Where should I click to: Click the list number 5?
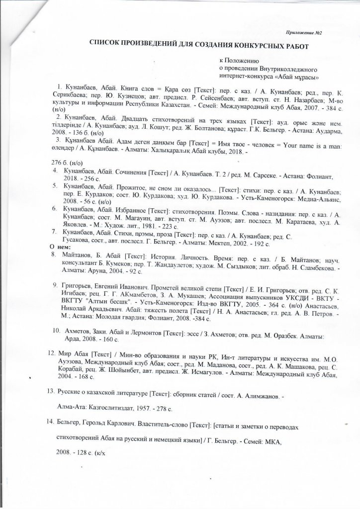click(x=55, y=185)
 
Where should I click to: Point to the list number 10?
click(x=57, y=330)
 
